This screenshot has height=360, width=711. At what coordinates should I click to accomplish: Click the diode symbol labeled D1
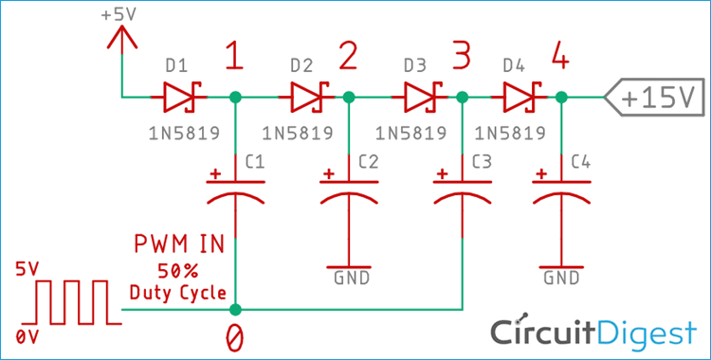pyautogui.click(x=180, y=96)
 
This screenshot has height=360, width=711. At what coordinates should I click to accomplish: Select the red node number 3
pyautogui.click(x=462, y=60)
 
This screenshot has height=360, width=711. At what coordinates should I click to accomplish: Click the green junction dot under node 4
pyautogui.click(x=562, y=97)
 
